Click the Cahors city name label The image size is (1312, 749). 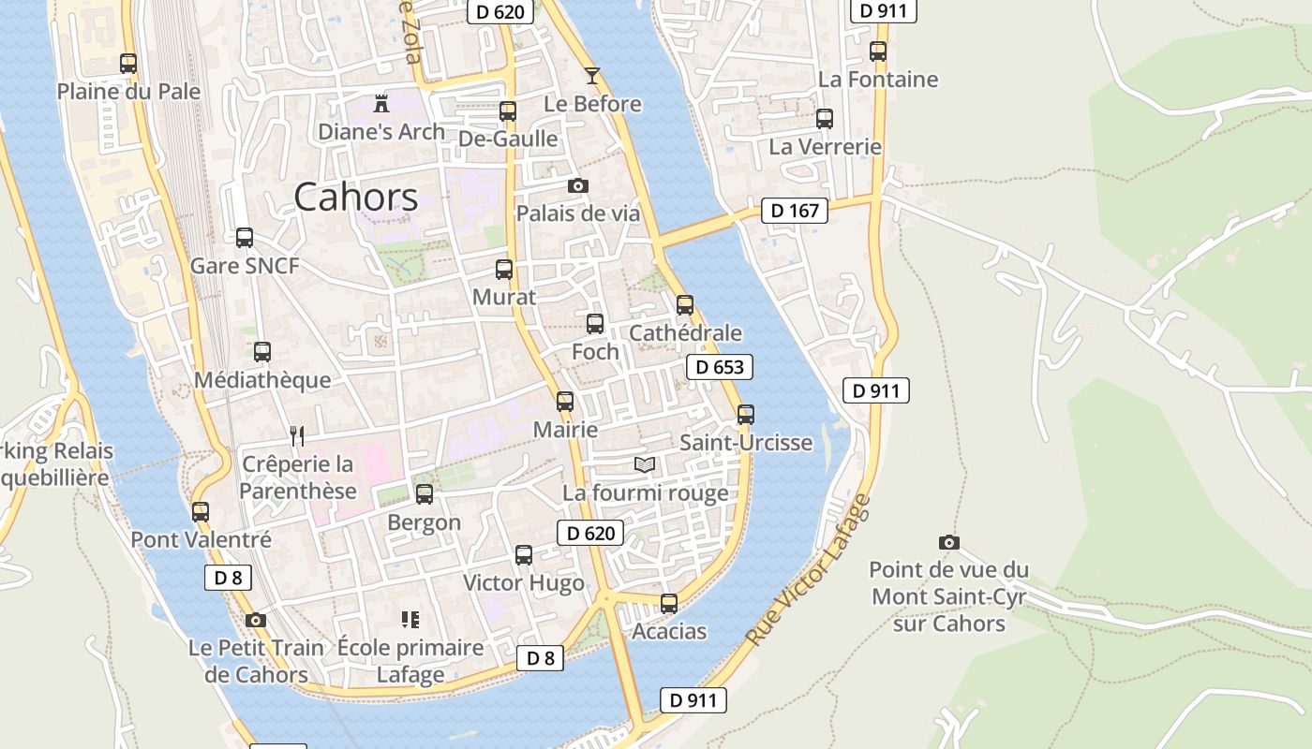[356, 198]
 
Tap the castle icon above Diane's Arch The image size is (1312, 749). [381, 103]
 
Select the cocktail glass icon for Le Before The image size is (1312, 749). [591, 76]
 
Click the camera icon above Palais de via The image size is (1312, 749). [578, 185]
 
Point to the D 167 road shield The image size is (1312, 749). [795, 211]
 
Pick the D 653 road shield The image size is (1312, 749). [720, 367]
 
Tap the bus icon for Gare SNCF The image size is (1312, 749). [245, 238]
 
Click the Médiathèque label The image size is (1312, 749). [262, 380]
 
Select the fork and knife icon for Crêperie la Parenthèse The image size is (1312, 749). [297, 435]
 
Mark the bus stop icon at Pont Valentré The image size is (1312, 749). [201, 512]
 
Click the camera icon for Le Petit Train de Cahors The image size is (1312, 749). [255, 620]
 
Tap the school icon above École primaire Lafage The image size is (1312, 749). [410, 620]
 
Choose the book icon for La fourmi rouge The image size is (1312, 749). [644, 464]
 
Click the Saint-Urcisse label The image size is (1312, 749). [746, 442]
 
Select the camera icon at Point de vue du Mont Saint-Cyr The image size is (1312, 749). [948, 542]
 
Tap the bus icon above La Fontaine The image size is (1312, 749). [878, 51]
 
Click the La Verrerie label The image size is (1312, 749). [825, 147]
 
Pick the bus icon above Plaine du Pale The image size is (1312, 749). [128, 64]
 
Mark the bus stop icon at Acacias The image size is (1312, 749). [669, 604]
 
